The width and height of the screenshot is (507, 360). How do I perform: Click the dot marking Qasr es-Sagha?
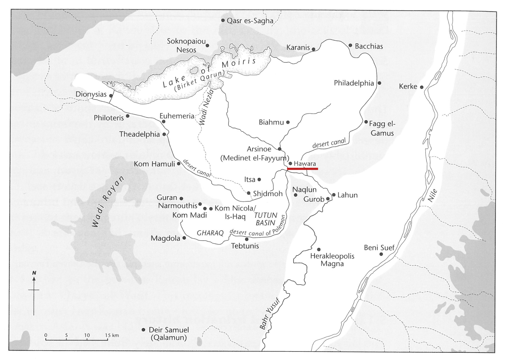click(x=223, y=20)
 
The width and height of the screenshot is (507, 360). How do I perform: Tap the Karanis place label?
click(x=298, y=47)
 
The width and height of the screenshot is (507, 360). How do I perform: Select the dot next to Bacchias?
click(x=350, y=45)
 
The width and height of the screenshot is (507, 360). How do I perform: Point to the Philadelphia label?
click(x=354, y=83)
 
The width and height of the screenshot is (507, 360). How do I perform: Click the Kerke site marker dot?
click(x=422, y=87)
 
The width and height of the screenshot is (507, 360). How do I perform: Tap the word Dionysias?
click(x=91, y=94)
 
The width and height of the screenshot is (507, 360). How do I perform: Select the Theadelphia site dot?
click(x=164, y=134)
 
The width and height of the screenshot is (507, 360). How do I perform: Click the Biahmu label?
click(x=271, y=122)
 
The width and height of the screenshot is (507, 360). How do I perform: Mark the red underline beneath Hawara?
click(x=302, y=169)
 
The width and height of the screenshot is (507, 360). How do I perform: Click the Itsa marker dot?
click(x=259, y=180)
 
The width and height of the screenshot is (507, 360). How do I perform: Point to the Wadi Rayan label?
click(x=108, y=201)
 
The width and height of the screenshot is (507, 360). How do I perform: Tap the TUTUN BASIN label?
click(x=265, y=219)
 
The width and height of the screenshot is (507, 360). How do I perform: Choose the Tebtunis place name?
click(x=245, y=246)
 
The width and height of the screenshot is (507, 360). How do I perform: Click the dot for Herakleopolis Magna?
click(x=319, y=250)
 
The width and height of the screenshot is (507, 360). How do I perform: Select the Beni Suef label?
click(x=379, y=248)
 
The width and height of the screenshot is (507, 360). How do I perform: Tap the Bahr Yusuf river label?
click(x=269, y=314)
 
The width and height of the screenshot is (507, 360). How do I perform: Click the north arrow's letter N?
click(x=34, y=273)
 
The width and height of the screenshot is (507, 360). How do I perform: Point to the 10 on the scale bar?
click(x=87, y=335)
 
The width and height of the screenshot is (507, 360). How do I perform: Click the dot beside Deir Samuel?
click(x=143, y=330)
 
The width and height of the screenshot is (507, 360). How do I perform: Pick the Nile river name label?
click(x=432, y=195)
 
